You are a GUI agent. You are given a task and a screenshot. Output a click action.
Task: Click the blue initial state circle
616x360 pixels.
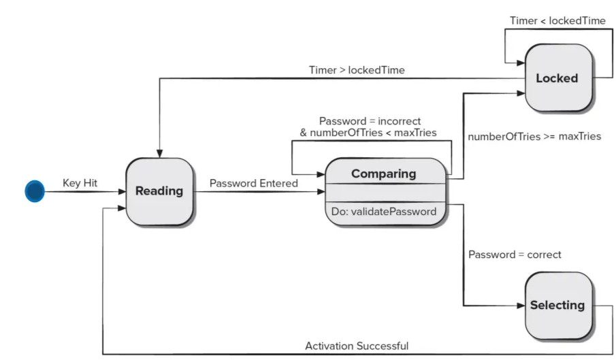click(x=35, y=191)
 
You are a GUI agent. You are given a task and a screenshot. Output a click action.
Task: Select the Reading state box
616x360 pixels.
click(x=159, y=192)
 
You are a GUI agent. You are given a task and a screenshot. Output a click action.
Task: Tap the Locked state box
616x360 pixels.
click(x=559, y=78)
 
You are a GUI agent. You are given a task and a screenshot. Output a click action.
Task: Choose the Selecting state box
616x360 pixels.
click(x=559, y=306)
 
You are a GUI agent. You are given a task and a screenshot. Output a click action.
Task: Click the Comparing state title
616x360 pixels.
click(x=383, y=174)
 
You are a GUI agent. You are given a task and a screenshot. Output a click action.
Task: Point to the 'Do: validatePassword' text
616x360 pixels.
click(x=383, y=212)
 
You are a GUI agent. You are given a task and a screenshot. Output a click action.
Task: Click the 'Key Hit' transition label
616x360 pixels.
click(x=80, y=183)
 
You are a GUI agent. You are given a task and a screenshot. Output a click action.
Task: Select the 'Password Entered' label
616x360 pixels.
click(x=253, y=183)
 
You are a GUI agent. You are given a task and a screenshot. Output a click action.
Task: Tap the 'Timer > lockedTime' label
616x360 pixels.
click(x=357, y=70)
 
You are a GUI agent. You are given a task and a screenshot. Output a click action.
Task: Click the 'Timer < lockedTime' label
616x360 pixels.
click(x=557, y=20)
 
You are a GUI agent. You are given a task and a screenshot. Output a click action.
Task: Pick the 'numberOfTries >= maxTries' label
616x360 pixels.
click(x=534, y=136)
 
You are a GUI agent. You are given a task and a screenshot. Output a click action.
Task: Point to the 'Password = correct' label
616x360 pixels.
click(x=515, y=255)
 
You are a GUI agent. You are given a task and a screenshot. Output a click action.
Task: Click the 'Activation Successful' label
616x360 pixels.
click(x=357, y=346)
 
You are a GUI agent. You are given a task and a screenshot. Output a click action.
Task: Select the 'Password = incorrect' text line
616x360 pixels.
click(x=370, y=121)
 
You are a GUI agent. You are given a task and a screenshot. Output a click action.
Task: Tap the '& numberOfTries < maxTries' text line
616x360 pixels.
click(x=368, y=133)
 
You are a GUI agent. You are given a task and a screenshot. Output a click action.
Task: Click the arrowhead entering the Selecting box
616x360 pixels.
click(x=521, y=306)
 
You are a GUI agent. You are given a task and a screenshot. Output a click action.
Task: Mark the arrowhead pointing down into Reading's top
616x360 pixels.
click(x=159, y=154)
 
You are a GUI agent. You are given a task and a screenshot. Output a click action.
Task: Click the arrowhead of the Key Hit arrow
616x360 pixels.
click(x=122, y=192)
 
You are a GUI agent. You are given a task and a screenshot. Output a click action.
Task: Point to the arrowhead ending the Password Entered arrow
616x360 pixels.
click(x=321, y=192)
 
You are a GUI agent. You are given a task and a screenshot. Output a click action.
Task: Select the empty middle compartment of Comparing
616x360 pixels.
click(x=385, y=193)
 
